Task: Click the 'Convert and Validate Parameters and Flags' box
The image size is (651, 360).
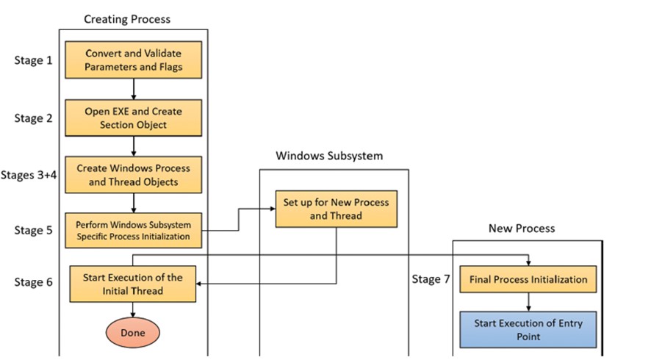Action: pyautogui.click(x=133, y=60)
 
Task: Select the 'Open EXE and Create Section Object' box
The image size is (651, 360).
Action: pyautogui.click(x=133, y=118)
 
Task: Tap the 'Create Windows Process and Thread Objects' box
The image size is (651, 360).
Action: pyautogui.click(x=133, y=175)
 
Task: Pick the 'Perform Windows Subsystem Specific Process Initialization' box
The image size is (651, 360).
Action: pyautogui.click(x=133, y=231)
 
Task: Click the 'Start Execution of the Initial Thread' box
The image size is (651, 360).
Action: pyautogui.click(x=133, y=284)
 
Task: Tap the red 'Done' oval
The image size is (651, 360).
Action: pyautogui.click(x=133, y=333)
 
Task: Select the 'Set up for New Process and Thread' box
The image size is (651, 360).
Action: pyautogui.click(x=337, y=209)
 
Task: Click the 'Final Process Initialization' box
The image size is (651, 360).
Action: pyautogui.click(x=528, y=279)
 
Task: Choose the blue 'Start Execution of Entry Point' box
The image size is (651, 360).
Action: pyautogui.click(x=528, y=330)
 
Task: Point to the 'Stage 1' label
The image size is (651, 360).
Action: pyautogui.click(x=34, y=60)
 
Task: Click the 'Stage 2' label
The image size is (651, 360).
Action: pyautogui.click(x=34, y=118)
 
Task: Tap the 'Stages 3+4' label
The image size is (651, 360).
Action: pyautogui.click(x=29, y=175)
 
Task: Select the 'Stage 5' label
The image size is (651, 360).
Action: pyautogui.click(x=34, y=230)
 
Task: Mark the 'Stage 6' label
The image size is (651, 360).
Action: pyautogui.click(x=34, y=282)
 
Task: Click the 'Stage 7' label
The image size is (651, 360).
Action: pyautogui.click(x=431, y=279)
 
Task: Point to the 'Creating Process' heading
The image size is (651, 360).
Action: pyautogui.click(x=127, y=19)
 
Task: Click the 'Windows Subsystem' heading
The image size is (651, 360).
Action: pyautogui.click(x=329, y=156)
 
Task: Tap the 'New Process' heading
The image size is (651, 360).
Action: pyautogui.click(x=522, y=228)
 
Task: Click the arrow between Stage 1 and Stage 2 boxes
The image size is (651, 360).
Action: pyautogui.click(x=134, y=89)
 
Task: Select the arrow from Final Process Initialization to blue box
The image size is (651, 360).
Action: pyautogui.click(x=528, y=302)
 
